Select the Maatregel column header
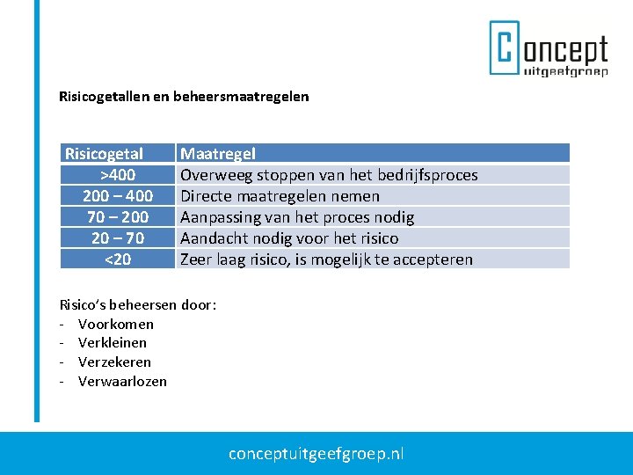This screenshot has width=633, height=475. click(218, 154)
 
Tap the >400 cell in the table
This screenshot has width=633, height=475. click(117, 175)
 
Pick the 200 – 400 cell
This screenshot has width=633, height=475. click(117, 196)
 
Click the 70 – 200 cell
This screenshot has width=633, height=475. click(117, 217)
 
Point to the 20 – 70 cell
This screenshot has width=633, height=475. click(117, 238)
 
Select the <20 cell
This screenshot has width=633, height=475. click(117, 259)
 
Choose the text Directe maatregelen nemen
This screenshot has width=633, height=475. click(280, 196)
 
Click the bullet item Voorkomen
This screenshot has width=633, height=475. click(115, 324)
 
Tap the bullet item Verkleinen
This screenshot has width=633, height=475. click(112, 343)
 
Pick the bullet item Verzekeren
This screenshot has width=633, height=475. click(114, 362)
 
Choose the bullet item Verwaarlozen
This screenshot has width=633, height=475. click(122, 382)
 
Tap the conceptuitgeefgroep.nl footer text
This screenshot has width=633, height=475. click(316, 454)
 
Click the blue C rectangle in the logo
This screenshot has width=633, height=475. click(505, 48)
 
